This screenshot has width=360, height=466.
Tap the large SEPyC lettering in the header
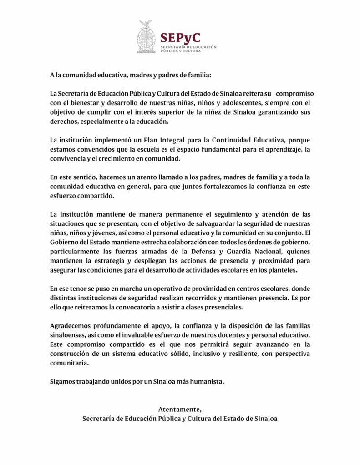pos(180,37)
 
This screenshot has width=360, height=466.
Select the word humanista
pos(207,381)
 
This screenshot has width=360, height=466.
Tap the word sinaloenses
pos(68,335)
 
